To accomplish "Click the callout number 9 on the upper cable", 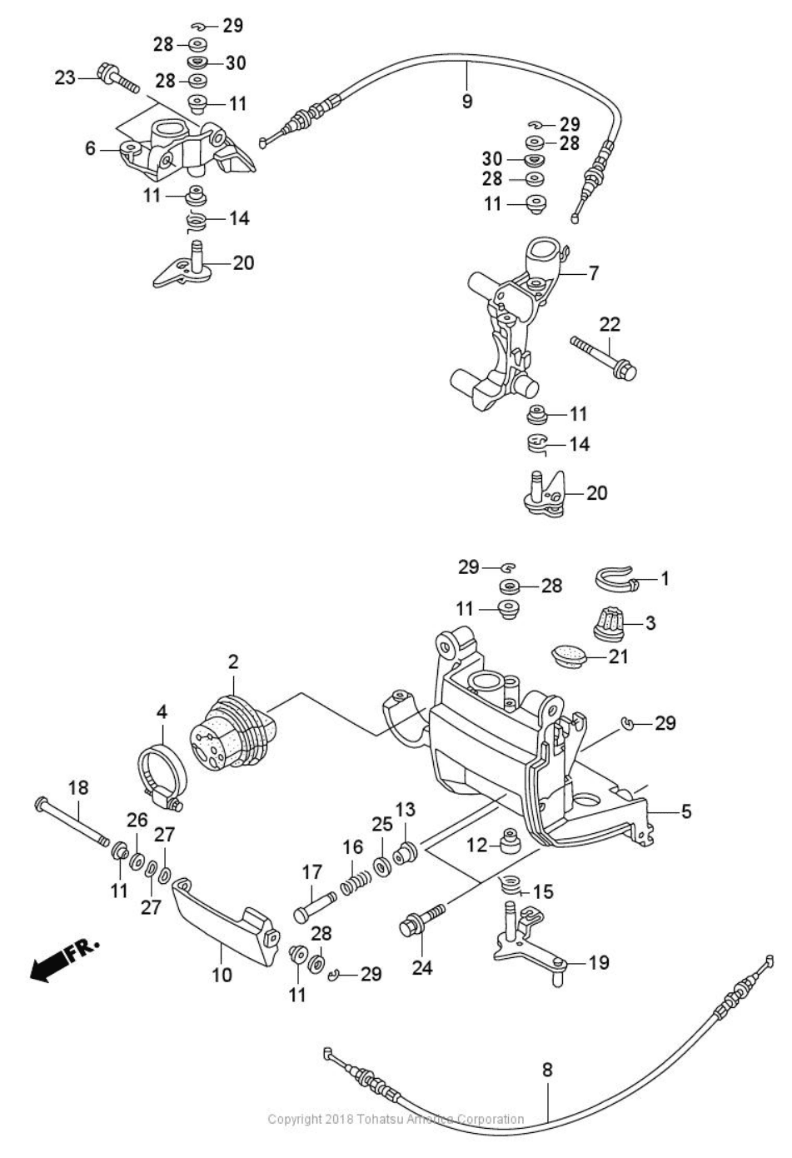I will click(x=466, y=101).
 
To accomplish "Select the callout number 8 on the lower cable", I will click(x=547, y=1070).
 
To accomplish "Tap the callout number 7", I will click(x=593, y=272).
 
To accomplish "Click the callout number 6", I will click(x=90, y=149).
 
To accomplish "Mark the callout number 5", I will click(x=685, y=811).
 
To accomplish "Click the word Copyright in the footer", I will click(x=296, y=1119).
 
